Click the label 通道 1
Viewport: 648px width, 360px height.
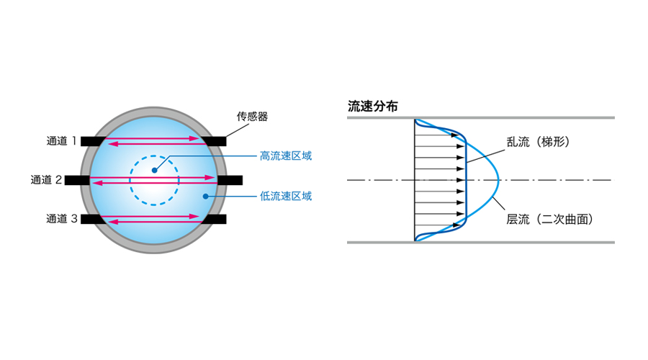[x=60, y=141]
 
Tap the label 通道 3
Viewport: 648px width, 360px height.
[x=60, y=218]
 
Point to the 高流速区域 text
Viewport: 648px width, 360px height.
[x=286, y=156]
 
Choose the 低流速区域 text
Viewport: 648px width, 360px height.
[x=286, y=195]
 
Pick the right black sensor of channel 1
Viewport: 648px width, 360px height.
[x=214, y=141]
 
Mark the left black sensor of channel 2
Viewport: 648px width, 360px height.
[x=78, y=180]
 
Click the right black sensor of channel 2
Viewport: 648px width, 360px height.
[x=229, y=179]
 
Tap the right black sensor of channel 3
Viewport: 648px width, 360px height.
[x=214, y=218]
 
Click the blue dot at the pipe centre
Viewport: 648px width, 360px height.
[x=154, y=171]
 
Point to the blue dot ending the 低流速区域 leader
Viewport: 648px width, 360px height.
[x=205, y=194]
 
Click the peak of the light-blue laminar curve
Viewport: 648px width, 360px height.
[x=498, y=179]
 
